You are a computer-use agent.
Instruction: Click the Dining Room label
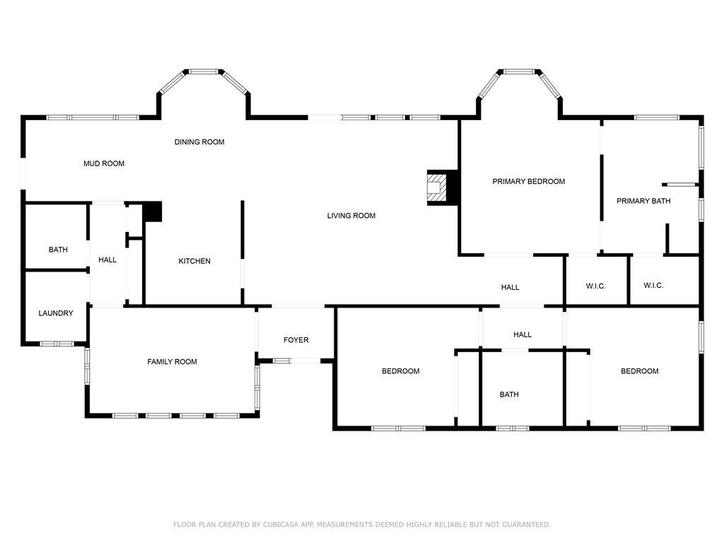199,141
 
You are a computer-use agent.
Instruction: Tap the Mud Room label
104,163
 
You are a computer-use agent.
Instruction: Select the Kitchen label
194,261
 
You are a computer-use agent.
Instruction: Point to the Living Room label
351,216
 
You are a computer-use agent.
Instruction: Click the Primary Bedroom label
529,182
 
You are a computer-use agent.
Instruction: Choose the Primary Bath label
643,201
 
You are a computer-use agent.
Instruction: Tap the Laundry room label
56,313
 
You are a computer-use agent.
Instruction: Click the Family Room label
173,361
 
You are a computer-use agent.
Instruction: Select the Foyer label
296,340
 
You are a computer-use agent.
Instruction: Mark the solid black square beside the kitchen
153,211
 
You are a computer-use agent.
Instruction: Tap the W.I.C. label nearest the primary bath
653,286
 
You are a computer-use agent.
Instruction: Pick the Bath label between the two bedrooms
509,395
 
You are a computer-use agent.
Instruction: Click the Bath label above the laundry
58,250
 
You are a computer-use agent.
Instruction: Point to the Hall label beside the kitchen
107,260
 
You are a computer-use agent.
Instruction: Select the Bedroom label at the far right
639,370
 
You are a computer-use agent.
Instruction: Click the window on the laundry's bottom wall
57,344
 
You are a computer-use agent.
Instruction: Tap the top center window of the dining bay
204,71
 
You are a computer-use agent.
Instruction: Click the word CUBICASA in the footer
282,525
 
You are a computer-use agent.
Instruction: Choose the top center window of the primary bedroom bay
518,71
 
